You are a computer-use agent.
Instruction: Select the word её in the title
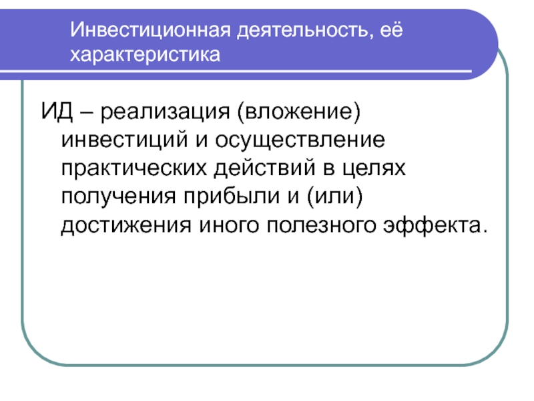pyautogui.click(x=391, y=29)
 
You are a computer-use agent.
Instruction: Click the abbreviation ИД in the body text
pyautogui.click(x=57, y=111)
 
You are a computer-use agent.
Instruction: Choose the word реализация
pyautogui.click(x=165, y=113)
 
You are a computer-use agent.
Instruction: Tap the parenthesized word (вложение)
pyautogui.click(x=298, y=112)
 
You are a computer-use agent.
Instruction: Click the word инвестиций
pyautogui.click(x=125, y=141)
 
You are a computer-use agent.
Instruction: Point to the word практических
pyautogui.click(x=134, y=170)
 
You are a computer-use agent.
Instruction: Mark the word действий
pyautogui.click(x=264, y=168)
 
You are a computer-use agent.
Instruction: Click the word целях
pyautogui.click(x=374, y=170)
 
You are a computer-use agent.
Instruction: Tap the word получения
pyautogui.click(x=119, y=198)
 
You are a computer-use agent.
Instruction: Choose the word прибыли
pyautogui.click(x=232, y=196)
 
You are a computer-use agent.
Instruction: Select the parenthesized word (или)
pyautogui.click(x=335, y=196)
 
